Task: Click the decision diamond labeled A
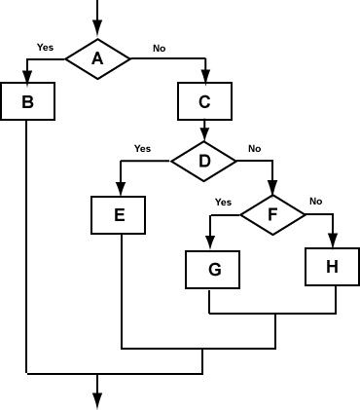[97, 58]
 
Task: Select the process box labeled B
[27, 100]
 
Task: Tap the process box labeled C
[204, 100]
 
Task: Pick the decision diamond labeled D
[204, 161]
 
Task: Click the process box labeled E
[119, 215]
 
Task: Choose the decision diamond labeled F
[272, 214]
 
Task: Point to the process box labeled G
[212, 270]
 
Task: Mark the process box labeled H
[333, 266]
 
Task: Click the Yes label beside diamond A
[45, 47]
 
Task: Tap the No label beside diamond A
[159, 47]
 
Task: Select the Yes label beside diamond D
[142, 149]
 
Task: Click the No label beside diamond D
[254, 149]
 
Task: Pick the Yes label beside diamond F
[223, 203]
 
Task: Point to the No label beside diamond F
[315, 202]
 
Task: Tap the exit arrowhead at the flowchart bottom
[97, 399]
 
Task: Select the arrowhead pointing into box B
[27, 77]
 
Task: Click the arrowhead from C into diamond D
[204, 135]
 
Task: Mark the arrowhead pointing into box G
[211, 244]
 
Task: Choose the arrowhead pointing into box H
[333, 242]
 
